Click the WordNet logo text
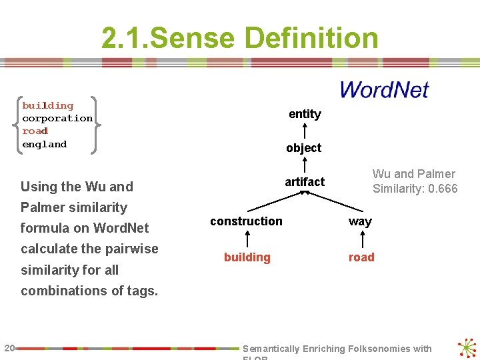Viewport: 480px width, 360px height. coord(384,90)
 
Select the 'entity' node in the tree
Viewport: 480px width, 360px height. coord(305,114)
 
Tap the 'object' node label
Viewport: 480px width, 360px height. coord(303,148)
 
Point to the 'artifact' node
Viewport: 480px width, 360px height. coord(305,182)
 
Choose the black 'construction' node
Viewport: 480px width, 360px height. coord(246,221)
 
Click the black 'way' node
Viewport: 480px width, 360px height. coord(360,221)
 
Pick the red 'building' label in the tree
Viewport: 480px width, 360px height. coord(247,257)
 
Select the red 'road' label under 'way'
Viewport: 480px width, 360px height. coord(361,257)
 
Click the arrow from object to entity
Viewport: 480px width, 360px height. coord(305,131)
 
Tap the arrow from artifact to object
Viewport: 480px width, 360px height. coord(305,165)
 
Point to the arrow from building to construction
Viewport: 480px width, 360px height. coord(247,239)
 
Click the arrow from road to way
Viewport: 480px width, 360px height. coord(361,239)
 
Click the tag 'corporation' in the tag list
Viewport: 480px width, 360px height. coord(57,118)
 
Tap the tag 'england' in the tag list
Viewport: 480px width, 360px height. coord(45,144)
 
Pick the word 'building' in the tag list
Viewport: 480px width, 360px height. coord(48,105)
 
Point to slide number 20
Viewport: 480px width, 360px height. coord(9,347)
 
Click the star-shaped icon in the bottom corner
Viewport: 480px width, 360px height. coord(467,348)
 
